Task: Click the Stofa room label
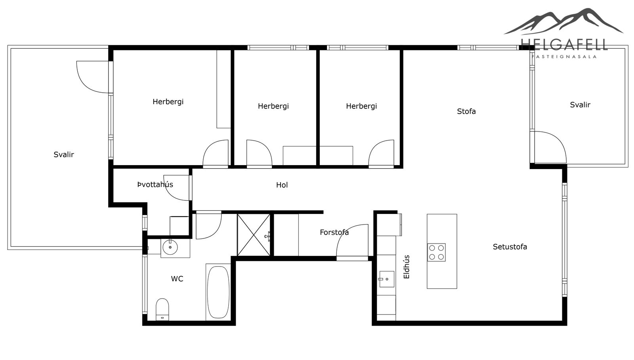click(x=466, y=111)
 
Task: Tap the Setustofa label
click(x=510, y=247)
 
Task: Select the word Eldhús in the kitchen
click(x=407, y=267)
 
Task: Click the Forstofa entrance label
click(x=334, y=232)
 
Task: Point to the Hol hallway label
click(x=282, y=185)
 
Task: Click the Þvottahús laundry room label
click(x=155, y=185)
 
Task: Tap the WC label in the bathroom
click(x=177, y=279)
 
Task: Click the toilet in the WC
click(x=162, y=309)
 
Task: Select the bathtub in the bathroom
click(x=218, y=292)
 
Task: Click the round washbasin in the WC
click(x=170, y=248)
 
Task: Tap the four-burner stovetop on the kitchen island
click(x=436, y=252)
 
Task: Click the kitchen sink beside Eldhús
click(x=387, y=279)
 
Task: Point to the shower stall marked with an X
click(x=254, y=235)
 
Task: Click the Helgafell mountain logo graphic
click(x=563, y=21)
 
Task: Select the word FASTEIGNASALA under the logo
click(x=564, y=57)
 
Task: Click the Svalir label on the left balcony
click(x=64, y=155)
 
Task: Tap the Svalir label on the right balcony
click(x=580, y=105)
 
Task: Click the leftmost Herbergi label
click(x=168, y=102)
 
